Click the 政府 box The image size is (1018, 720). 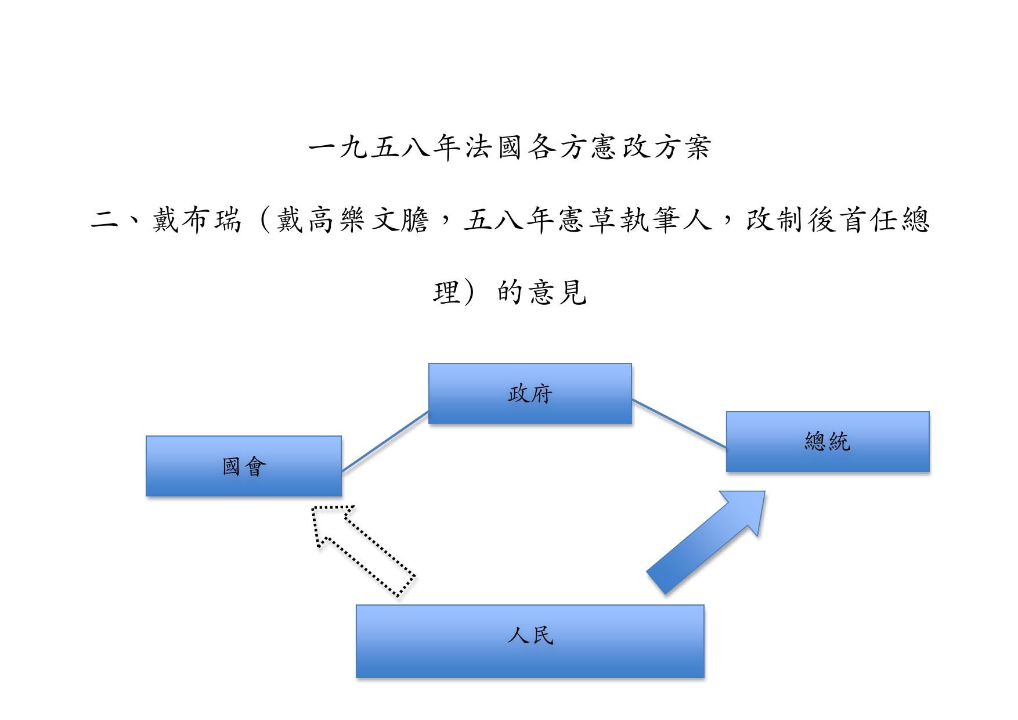pos(530,394)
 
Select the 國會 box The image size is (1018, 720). pos(244,466)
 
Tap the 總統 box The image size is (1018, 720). pos(828,442)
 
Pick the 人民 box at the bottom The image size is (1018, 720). pos(530,641)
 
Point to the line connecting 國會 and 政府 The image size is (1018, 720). pos(385,441)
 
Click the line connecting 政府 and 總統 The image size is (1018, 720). pos(679,424)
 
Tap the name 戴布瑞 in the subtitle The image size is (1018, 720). pos(197,220)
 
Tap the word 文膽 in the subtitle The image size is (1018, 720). pos(400,220)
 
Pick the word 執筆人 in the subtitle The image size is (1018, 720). pos(666,220)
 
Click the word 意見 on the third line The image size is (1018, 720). pos(557,292)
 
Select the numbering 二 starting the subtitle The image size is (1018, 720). pos(105,220)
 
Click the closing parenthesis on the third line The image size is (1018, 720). pos(469,292)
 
